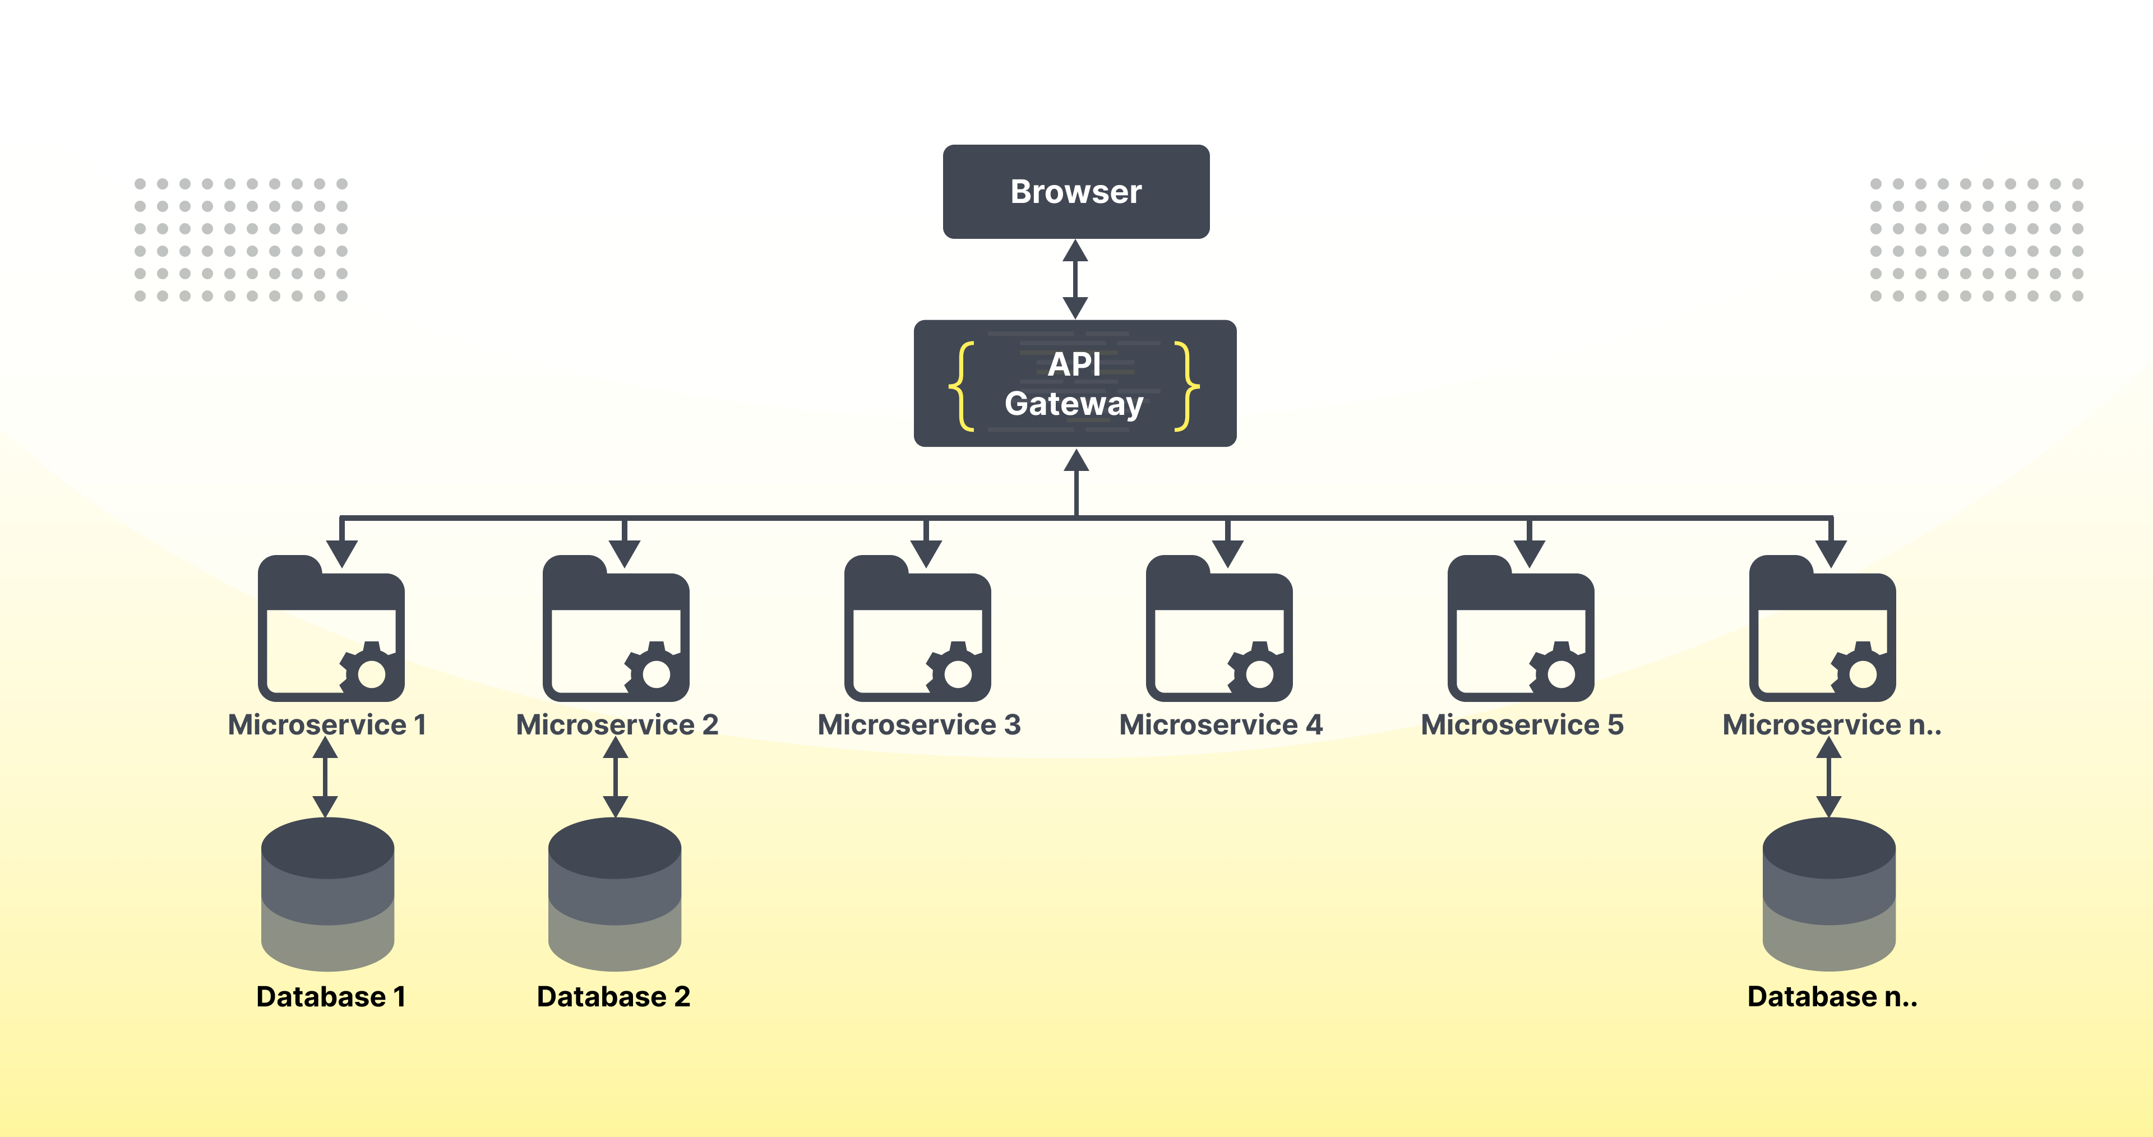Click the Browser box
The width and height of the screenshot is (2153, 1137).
[x=1076, y=191]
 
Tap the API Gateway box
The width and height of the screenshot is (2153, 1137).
[x=1075, y=383]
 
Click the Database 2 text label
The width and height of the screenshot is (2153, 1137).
[x=613, y=996]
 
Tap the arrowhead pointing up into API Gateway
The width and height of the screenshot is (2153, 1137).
[x=1076, y=461]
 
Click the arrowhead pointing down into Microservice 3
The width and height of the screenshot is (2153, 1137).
[x=926, y=553]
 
